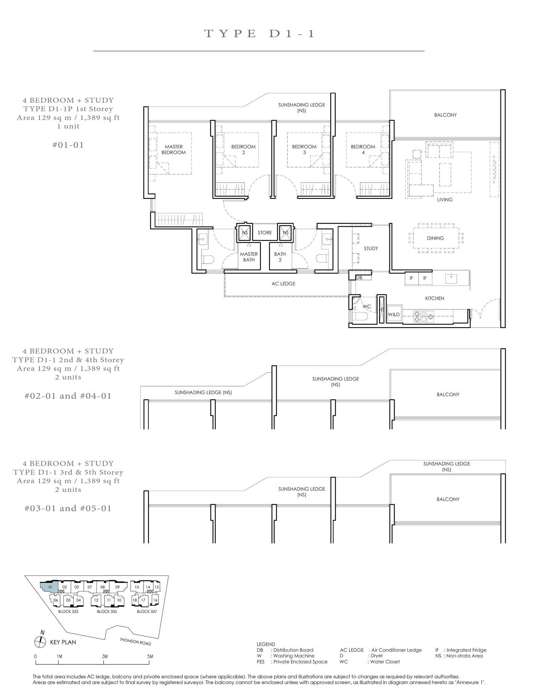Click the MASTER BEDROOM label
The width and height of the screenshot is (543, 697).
tap(173, 150)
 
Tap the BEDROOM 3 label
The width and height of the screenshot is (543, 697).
tap(304, 150)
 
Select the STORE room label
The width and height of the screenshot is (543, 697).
tap(265, 232)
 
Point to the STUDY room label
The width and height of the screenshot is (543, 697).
tap(371, 248)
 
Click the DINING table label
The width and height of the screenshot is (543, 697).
tap(435, 238)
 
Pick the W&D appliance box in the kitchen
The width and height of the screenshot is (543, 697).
tap(394, 314)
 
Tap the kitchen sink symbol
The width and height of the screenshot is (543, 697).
tap(451, 279)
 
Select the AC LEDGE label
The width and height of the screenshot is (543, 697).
tap(283, 284)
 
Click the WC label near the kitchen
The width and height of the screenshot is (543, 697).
tap(367, 306)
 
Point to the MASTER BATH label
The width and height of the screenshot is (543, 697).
tap(249, 257)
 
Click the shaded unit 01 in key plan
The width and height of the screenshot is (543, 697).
tap(50, 587)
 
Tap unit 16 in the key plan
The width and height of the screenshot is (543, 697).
tap(155, 600)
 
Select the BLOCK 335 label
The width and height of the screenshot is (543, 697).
tap(107, 611)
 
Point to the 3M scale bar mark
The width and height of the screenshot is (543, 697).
tap(105, 656)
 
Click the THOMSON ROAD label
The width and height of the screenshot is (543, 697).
tap(135, 641)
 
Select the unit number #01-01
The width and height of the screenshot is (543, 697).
tap(68, 145)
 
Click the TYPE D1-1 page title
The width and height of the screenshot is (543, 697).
tap(260, 34)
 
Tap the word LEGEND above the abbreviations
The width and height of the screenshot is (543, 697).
tap(266, 644)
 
